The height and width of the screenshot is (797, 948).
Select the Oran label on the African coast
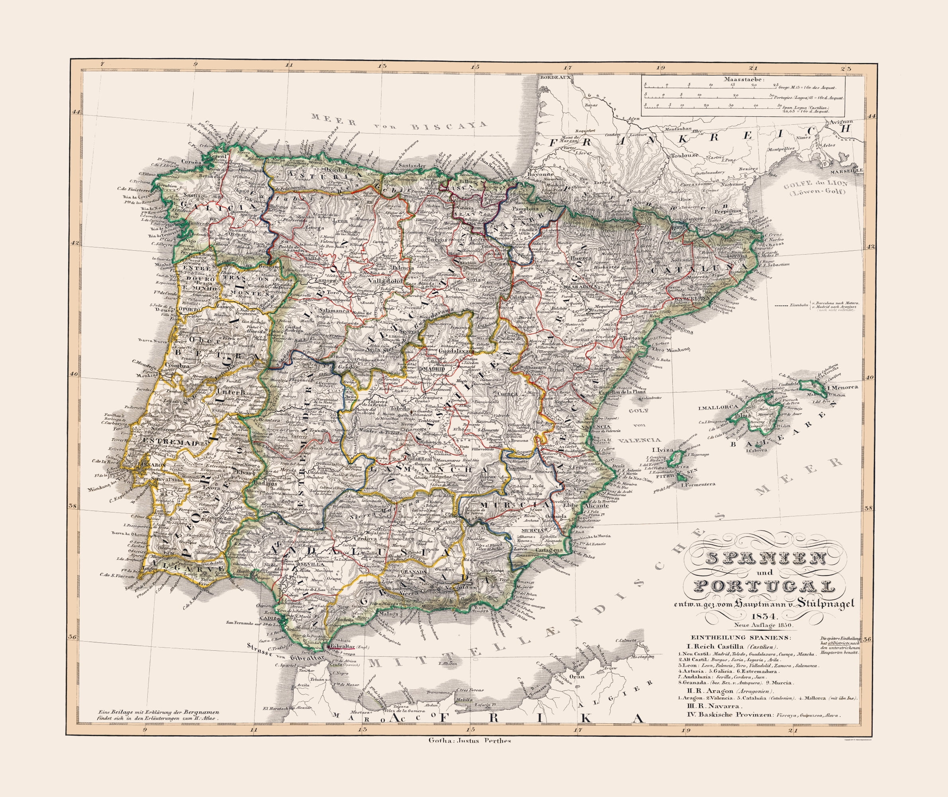point(578,677)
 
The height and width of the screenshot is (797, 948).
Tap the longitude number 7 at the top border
point(103,65)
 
